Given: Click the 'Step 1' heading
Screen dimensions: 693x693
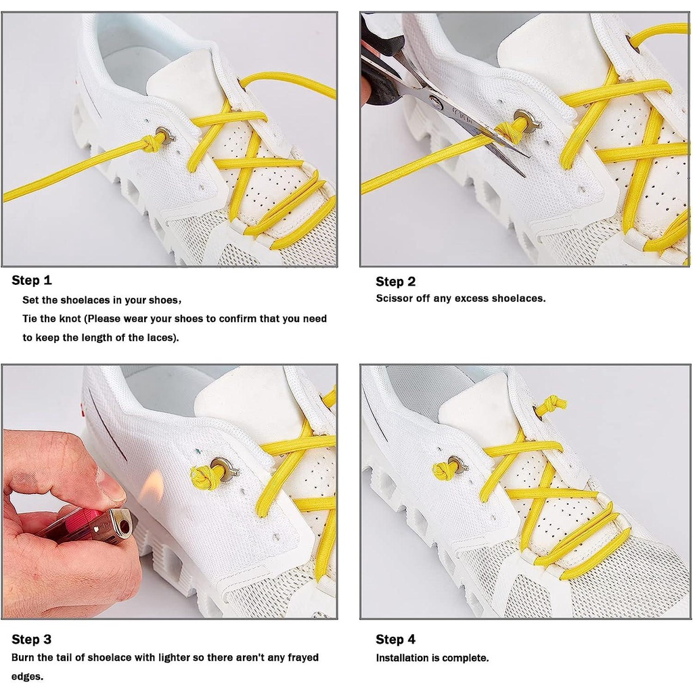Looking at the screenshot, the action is tap(32, 280).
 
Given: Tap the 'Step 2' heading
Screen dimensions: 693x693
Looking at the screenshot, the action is tap(395, 282).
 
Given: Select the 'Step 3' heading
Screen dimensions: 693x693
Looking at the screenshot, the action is tap(31, 639).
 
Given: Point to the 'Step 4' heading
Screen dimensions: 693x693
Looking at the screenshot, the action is tap(395, 639).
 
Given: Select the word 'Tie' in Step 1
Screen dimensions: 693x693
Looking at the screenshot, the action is tap(30, 319).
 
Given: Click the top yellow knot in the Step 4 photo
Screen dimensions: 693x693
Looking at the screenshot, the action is tap(554, 404).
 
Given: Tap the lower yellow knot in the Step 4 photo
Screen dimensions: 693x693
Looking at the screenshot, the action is tap(445, 470).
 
